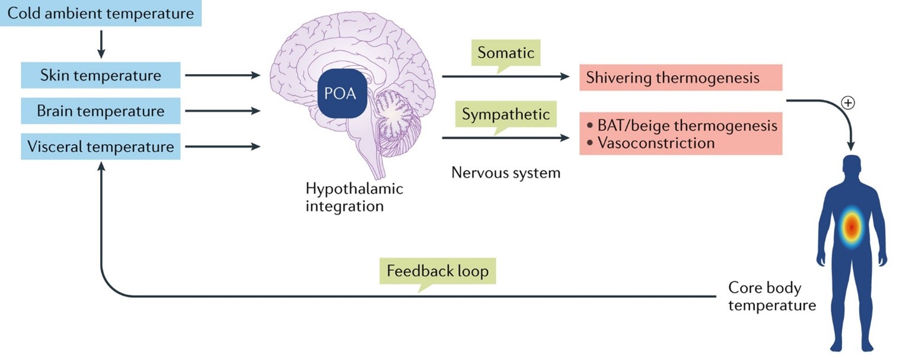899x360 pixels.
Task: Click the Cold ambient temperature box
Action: (101, 13)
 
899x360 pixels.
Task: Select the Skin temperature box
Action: (101, 76)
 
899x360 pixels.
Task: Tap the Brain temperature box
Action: (101, 111)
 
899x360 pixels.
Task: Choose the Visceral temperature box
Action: (101, 146)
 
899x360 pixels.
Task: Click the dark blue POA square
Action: (340, 94)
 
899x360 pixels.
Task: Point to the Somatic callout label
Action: (506, 53)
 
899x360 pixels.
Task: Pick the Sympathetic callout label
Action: (506, 114)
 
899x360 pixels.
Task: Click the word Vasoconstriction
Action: (656, 143)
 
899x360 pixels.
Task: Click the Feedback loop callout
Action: (438, 272)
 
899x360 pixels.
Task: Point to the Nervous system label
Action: (506, 173)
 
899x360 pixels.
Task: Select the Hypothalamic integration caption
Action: (354, 197)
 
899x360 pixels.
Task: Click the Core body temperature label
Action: (764, 297)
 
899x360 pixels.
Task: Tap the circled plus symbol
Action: (849, 103)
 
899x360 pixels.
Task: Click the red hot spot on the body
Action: (852, 227)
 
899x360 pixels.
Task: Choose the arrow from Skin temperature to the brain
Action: (222, 76)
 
